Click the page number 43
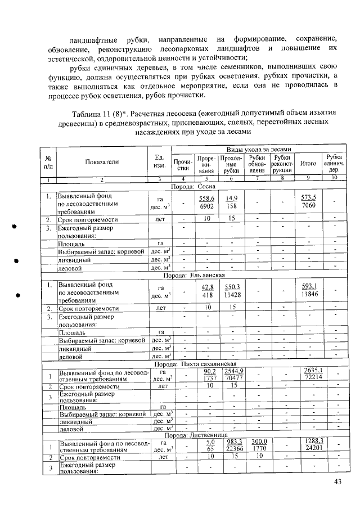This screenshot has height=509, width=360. click(337, 481)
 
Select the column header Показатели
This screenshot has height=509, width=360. click(102, 162)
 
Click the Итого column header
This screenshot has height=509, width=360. click(308, 163)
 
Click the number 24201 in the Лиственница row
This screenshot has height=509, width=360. click(309, 450)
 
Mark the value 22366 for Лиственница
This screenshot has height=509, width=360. click(233, 450)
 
